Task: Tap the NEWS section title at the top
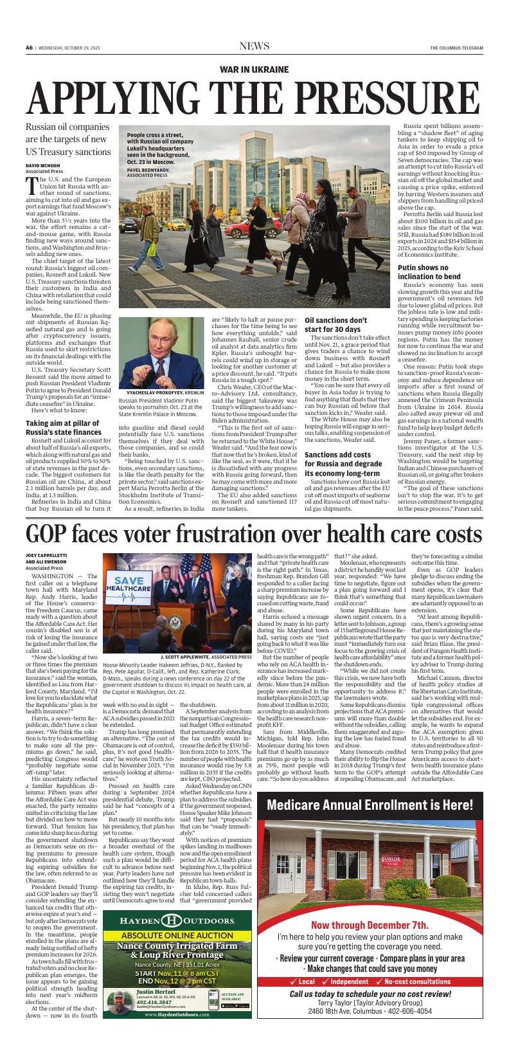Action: [x=254, y=46]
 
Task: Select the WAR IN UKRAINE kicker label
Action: [x=254, y=69]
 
